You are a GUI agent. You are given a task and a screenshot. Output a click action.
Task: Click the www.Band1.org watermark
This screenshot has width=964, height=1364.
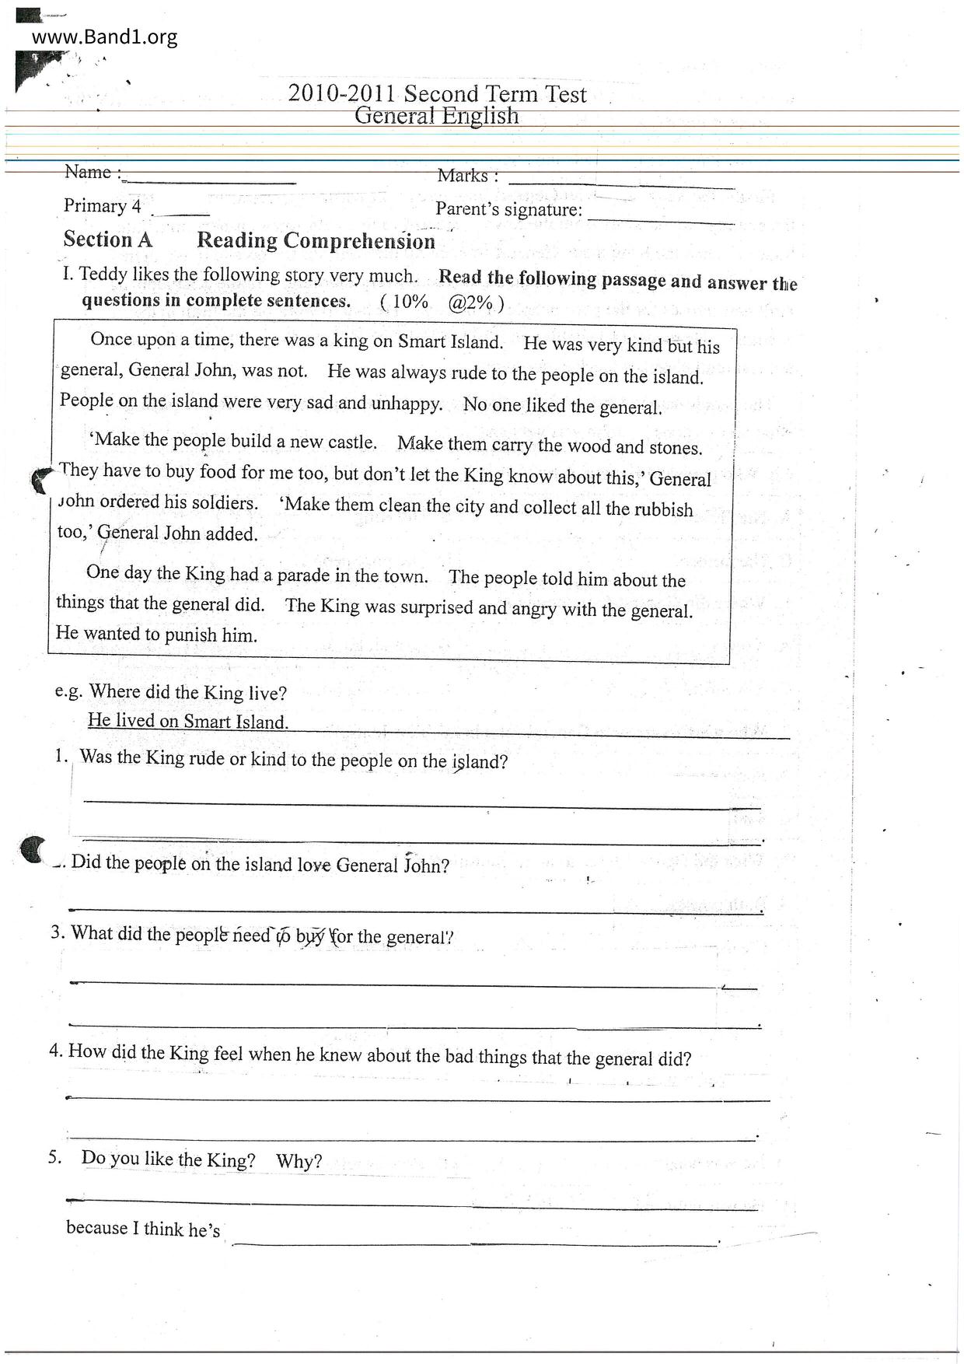(x=105, y=37)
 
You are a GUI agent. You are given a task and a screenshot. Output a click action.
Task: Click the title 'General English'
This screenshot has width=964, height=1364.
(x=436, y=116)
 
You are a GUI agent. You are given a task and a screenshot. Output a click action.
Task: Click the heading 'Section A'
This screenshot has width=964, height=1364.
(x=107, y=240)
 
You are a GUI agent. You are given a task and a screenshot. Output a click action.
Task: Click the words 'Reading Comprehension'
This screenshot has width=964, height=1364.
(x=316, y=241)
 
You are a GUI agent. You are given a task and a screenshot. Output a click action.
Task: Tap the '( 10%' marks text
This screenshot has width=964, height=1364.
(x=404, y=303)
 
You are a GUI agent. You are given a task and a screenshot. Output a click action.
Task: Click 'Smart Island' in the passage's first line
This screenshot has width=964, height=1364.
(x=450, y=342)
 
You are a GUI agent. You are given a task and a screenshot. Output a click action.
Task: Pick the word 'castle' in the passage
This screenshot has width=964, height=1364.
(x=351, y=442)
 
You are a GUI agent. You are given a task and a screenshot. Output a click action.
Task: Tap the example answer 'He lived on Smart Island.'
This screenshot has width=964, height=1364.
(x=187, y=721)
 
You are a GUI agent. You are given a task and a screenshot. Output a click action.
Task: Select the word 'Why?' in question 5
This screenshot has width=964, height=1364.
(x=299, y=1161)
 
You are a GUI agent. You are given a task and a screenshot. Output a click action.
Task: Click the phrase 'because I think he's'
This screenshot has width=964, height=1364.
(x=143, y=1229)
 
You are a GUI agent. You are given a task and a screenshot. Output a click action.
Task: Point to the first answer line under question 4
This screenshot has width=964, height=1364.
(x=417, y=1098)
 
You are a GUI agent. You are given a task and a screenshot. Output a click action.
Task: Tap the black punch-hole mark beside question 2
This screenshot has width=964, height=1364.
(x=32, y=849)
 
